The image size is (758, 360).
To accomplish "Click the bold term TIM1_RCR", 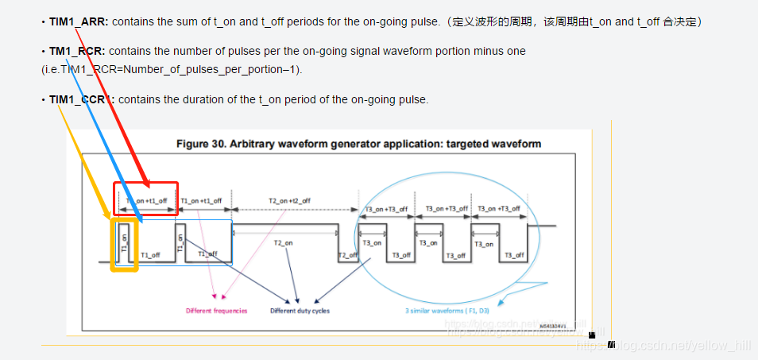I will click(77, 52).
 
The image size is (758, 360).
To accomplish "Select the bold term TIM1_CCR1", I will click(81, 99).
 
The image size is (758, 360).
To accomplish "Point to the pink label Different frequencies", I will click(216, 311).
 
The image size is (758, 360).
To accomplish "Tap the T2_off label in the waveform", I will click(347, 255).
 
